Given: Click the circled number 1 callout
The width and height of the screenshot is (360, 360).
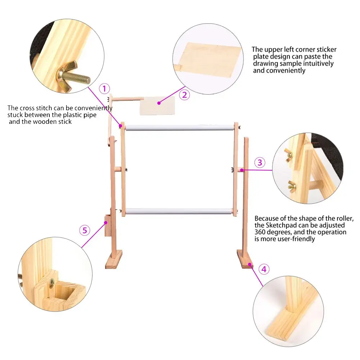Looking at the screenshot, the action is tap(104, 89).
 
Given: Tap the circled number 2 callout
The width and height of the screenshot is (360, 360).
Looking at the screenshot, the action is tap(185, 95).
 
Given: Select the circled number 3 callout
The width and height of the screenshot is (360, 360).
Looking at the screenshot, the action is tap(260, 162).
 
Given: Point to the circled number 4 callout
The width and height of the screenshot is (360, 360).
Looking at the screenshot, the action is tap(264, 269).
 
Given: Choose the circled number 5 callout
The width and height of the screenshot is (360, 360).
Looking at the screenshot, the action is tap(85, 230).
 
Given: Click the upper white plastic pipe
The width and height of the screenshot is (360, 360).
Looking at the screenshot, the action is tap(179, 127).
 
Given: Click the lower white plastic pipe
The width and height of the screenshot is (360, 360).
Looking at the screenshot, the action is tap(179, 211).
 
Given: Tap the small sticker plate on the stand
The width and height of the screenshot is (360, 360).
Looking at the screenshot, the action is tap(157, 103).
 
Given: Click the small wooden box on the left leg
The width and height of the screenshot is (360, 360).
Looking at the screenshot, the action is tap(107, 226).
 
